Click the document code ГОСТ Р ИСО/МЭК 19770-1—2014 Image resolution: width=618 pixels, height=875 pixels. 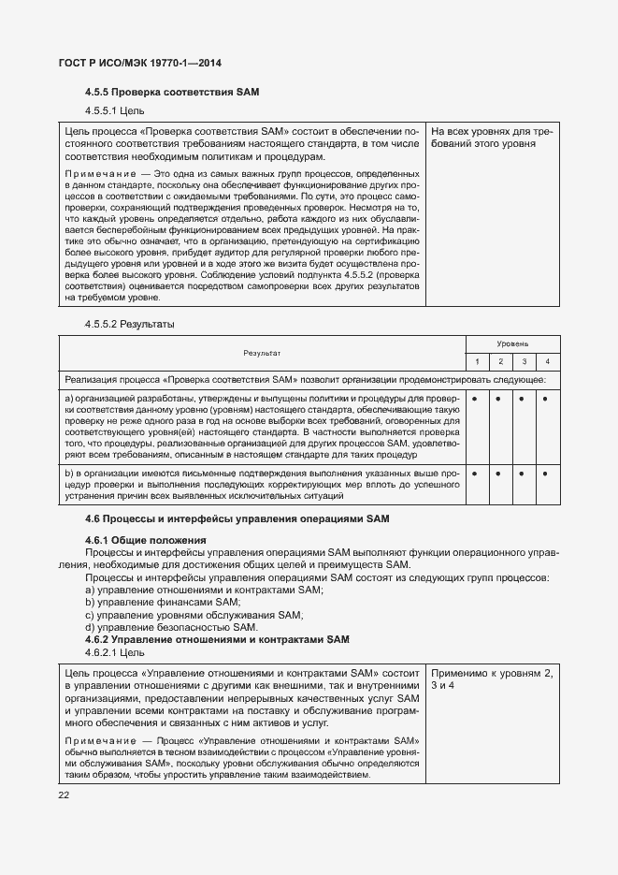pyautogui.click(x=134, y=64)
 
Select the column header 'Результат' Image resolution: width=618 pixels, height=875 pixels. pyautogui.click(x=262, y=353)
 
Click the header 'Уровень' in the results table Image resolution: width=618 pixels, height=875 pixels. pyautogui.click(x=511, y=344)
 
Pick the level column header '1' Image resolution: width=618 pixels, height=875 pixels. pyautogui.click(x=476, y=361)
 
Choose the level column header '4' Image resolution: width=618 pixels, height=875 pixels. pyautogui.click(x=547, y=361)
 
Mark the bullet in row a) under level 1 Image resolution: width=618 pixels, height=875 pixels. pyautogui.click(x=476, y=398)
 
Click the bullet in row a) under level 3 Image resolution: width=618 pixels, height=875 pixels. pyautogui.click(x=524, y=398)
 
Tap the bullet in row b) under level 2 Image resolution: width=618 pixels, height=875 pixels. pyautogui.click(x=500, y=474)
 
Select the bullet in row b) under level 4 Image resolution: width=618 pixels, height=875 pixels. pyautogui.click(x=547, y=474)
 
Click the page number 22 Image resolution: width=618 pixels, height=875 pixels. pyautogui.click(x=64, y=795)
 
